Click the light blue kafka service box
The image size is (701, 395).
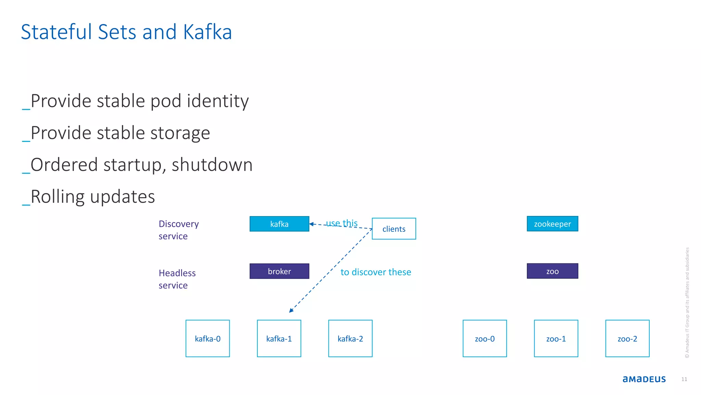pyautogui.click(x=279, y=224)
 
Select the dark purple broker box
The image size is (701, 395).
pyautogui.click(x=279, y=271)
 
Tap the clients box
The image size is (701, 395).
pyautogui.click(x=394, y=229)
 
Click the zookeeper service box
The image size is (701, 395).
pyautogui.click(x=552, y=224)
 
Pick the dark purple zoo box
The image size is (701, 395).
pyautogui.click(x=552, y=271)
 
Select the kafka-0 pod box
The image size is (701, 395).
pyautogui.click(x=207, y=338)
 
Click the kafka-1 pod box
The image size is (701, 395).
pyautogui.click(x=279, y=338)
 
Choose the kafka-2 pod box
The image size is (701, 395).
pyautogui.click(x=350, y=338)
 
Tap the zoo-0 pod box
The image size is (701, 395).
pyautogui.click(x=485, y=338)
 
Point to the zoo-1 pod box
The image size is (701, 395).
pyautogui.click(x=556, y=338)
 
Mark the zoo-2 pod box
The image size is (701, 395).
pyautogui.click(x=627, y=338)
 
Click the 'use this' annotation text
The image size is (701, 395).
pyautogui.click(x=342, y=223)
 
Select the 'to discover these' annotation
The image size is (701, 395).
pyautogui.click(x=375, y=272)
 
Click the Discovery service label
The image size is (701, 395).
pyautogui.click(x=178, y=230)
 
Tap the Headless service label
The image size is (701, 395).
pyautogui.click(x=177, y=279)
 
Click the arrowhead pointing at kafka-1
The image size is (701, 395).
pyautogui.click(x=291, y=310)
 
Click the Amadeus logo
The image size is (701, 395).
pyautogui.click(x=644, y=379)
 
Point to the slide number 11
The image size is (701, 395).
pyautogui.click(x=684, y=379)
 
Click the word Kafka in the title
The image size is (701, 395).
pyautogui.click(x=207, y=32)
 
